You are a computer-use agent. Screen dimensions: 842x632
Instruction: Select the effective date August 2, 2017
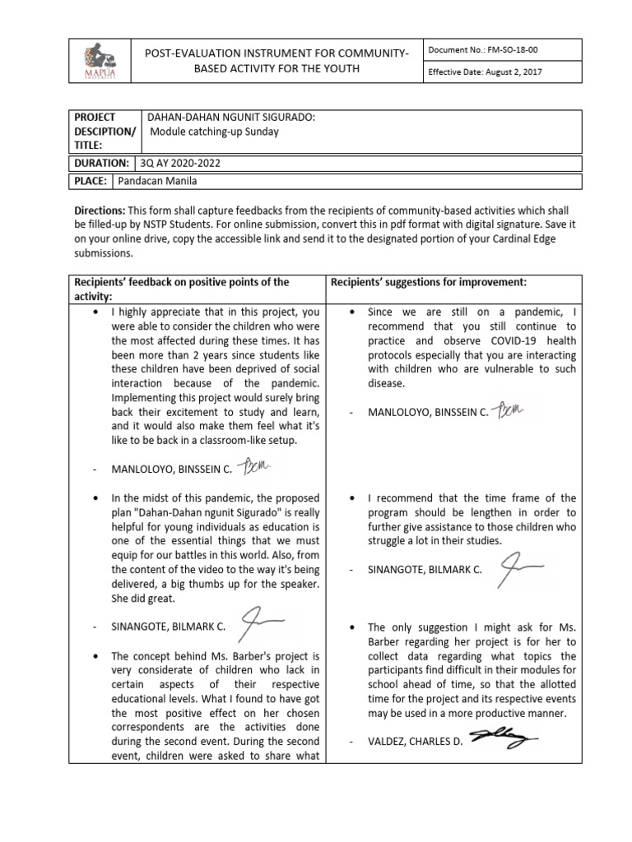click(485, 72)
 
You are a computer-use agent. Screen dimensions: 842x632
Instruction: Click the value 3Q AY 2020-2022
click(181, 163)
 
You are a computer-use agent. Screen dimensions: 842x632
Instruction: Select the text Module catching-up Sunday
click(214, 132)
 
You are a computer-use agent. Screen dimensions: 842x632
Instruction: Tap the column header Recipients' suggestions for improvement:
click(428, 282)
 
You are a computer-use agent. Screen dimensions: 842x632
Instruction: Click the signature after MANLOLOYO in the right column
click(516, 409)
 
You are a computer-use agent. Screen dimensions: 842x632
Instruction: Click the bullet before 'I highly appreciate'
click(98, 312)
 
